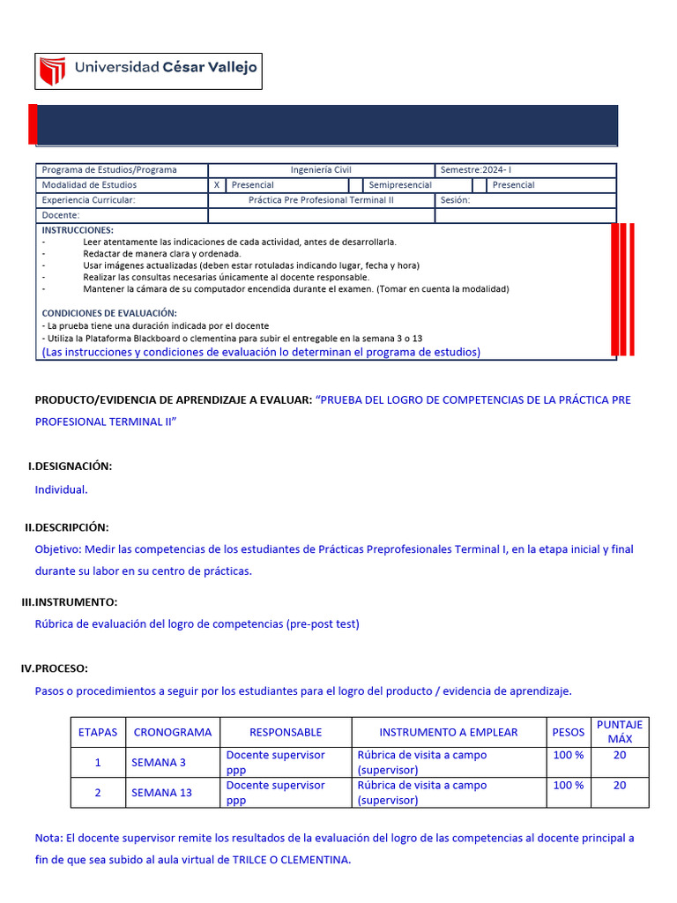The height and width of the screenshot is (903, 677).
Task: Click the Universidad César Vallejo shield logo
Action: [x=54, y=71]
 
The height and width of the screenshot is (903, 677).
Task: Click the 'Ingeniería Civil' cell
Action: [x=321, y=170]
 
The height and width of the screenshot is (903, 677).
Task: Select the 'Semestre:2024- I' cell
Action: [x=475, y=170]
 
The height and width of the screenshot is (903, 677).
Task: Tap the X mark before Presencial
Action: [x=217, y=185]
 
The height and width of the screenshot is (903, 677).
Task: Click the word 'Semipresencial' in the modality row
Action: [x=400, y=185]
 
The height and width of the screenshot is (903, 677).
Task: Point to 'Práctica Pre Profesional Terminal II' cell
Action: [x=321, y=200]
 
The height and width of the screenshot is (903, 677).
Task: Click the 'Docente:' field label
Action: [x=61, y=215]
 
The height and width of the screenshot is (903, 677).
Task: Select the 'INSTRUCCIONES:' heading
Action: [x=78, y=230]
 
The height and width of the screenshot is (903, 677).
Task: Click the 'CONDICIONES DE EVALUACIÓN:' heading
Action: [x=109, y=313]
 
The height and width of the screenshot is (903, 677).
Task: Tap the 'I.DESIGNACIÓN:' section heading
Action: [x=71, y=466]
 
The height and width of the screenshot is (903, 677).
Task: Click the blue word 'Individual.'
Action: [x=61, y=489]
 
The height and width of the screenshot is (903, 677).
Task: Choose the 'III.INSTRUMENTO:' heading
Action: [x=69, y=601]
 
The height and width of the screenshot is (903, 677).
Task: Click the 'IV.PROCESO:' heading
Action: [x=55, y=668]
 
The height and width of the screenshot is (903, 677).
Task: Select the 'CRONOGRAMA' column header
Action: [x=173, y=732]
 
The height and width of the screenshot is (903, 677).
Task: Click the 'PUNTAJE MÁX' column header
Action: [x=620, y=732]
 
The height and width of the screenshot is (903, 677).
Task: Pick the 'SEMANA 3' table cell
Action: [x=159, y=762]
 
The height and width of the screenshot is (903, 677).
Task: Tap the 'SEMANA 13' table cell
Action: [x=161, y=793]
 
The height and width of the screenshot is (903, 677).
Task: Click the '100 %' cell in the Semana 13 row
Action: [x=568, y=785]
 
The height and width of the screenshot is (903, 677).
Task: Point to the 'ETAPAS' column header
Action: [x=98, y=732]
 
